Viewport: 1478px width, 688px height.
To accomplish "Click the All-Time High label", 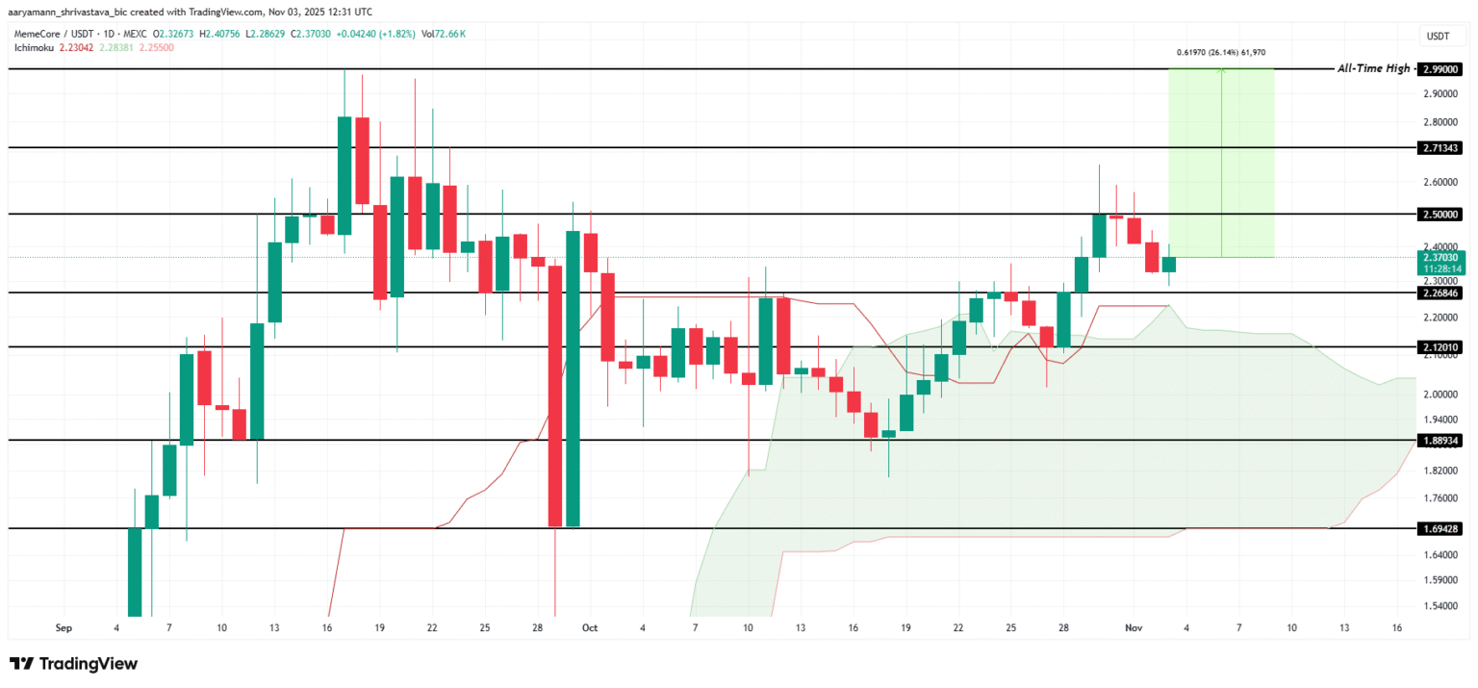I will [1373, 68].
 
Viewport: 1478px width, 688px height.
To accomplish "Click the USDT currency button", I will [1438, 36].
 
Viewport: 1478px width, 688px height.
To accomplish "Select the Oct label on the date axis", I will [590, 627].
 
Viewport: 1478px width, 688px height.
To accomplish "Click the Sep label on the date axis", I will [64, 627].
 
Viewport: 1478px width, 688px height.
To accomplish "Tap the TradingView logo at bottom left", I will [74, 664].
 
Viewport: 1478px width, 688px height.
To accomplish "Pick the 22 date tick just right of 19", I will [958, 627].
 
